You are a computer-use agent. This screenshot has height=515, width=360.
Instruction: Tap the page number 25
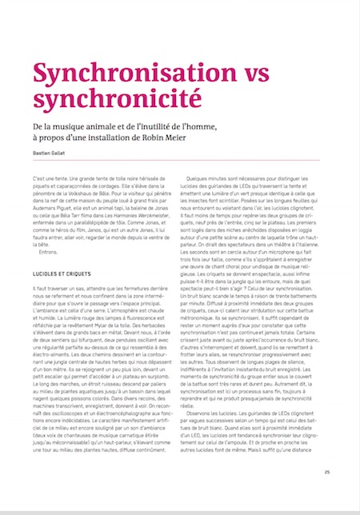(327, 494)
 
